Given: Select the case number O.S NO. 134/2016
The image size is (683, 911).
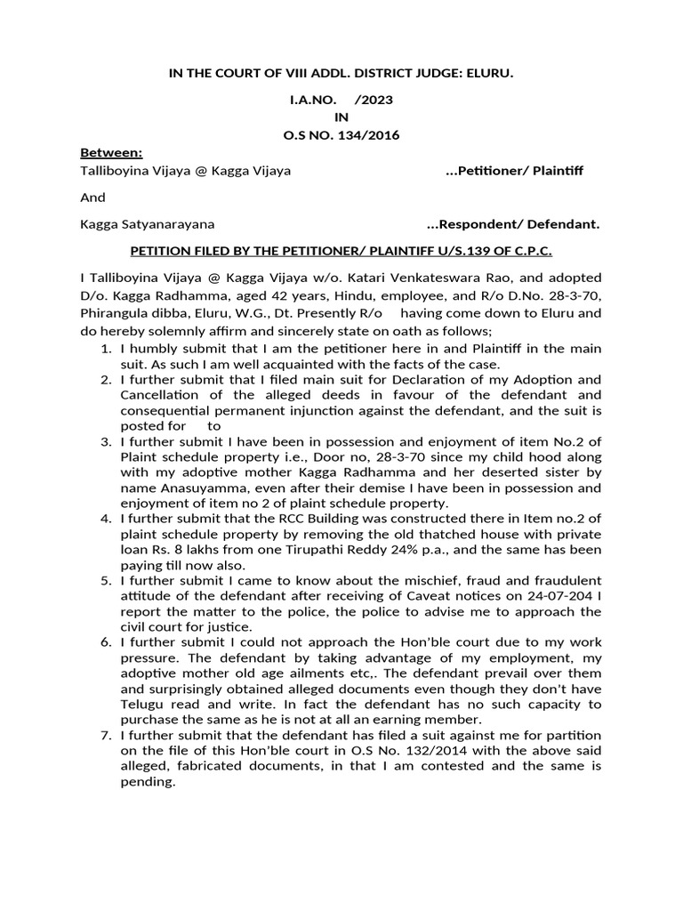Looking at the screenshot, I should [341, 135].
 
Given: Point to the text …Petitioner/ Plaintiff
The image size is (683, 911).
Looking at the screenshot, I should [513, 170].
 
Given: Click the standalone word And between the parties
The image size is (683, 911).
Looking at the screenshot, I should [92, 198].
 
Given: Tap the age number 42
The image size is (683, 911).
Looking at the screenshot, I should [270, 295].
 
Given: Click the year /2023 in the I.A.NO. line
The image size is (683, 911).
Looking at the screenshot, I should [374, 101].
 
